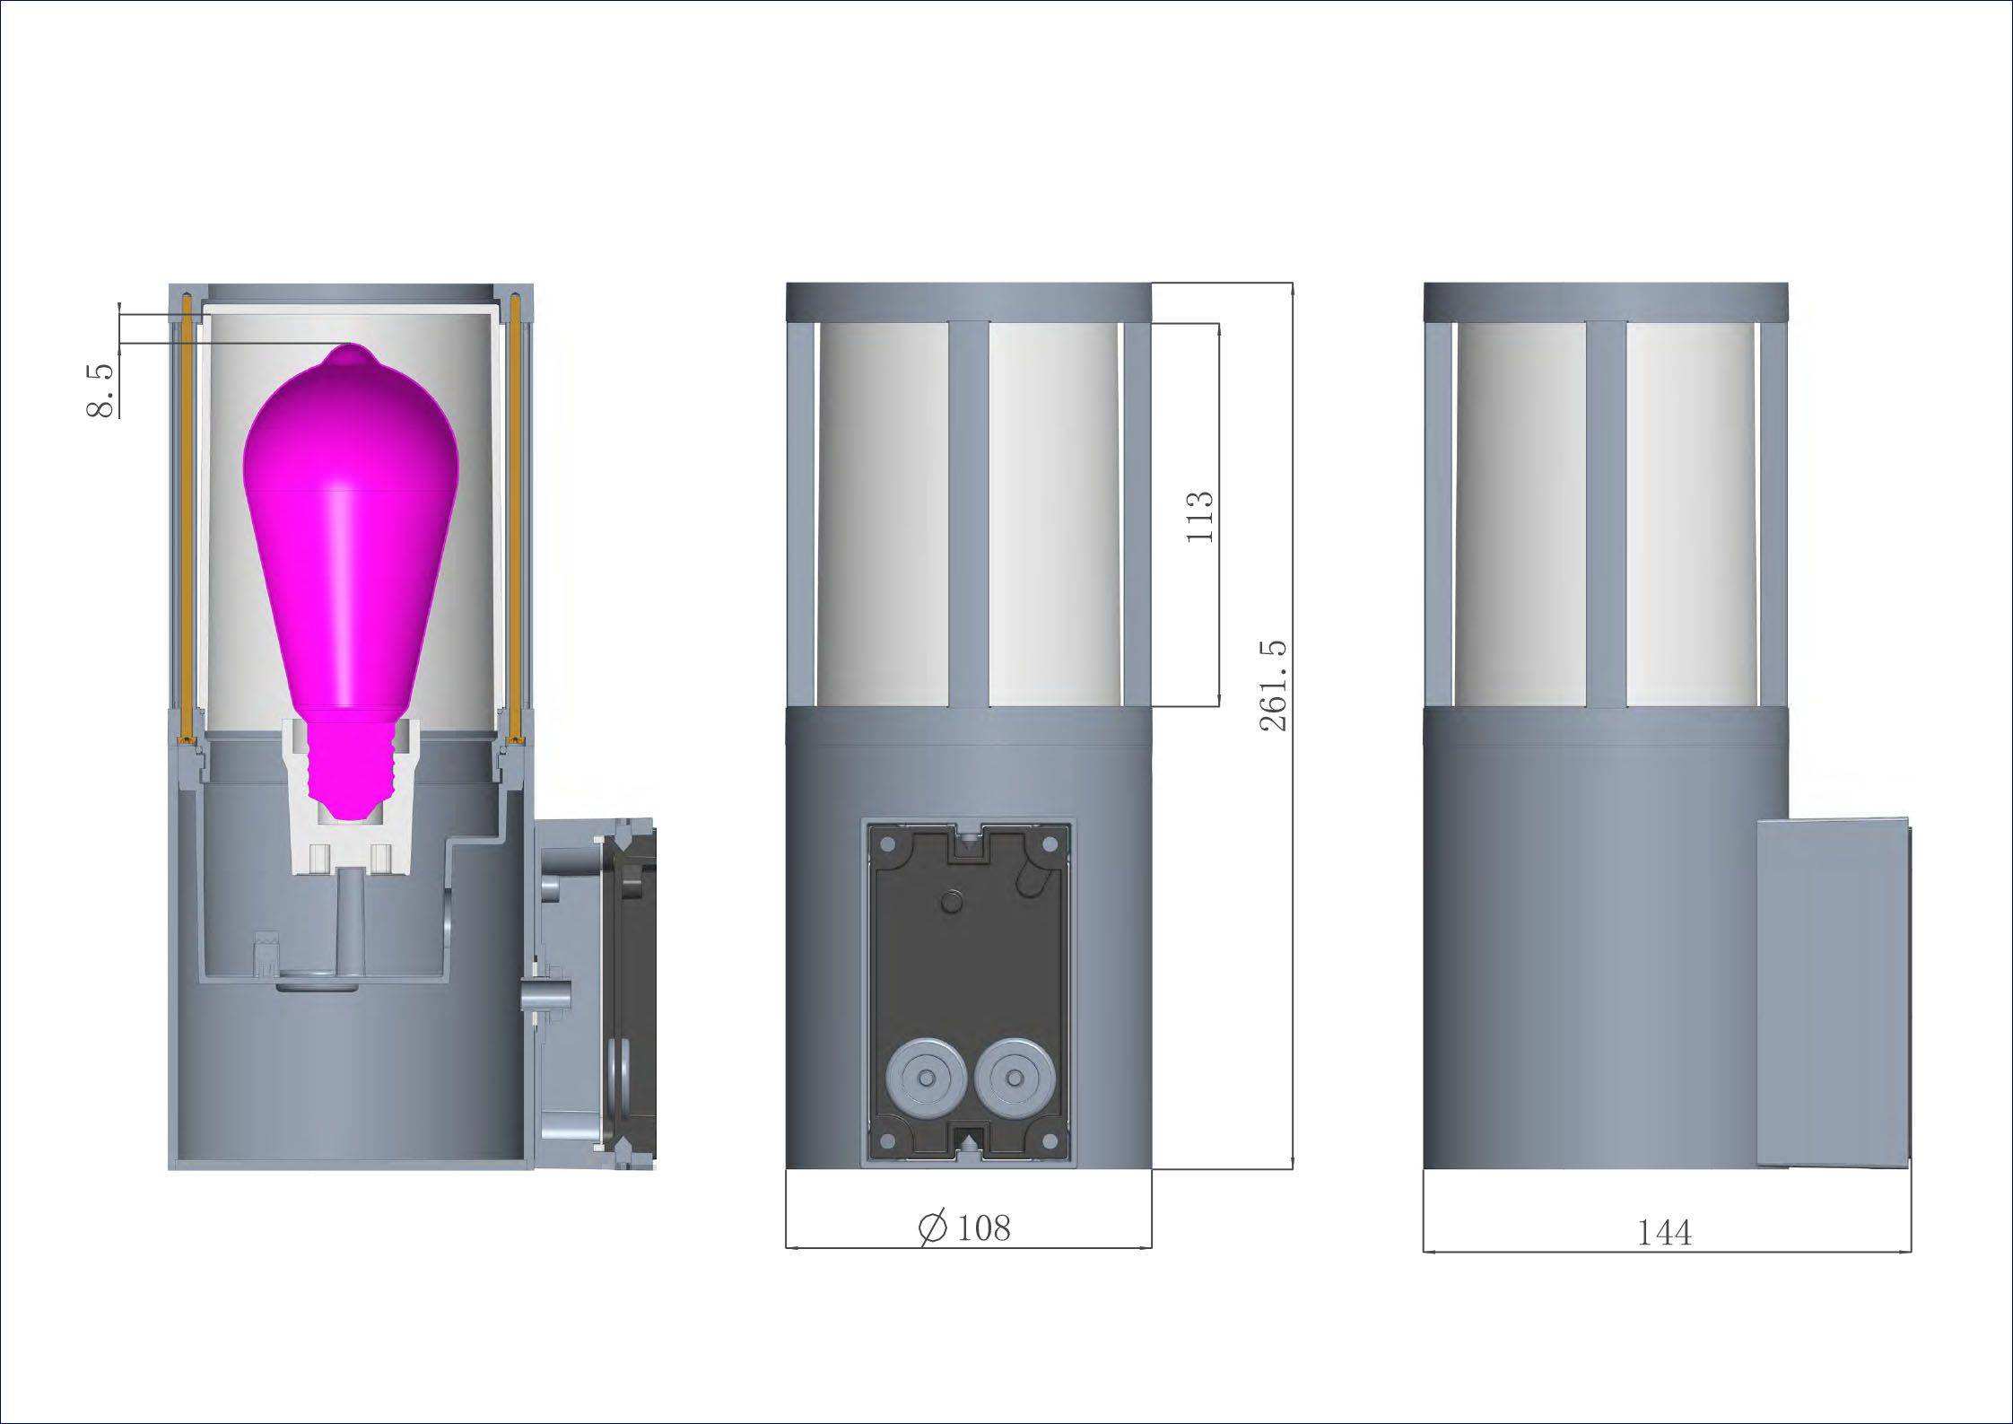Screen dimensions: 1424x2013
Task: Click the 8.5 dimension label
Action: (100, 391)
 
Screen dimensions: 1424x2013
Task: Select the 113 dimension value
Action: (1199, 516)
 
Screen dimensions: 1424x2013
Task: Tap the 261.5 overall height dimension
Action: (1274, 686)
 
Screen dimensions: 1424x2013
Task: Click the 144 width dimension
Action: (1664, 1233)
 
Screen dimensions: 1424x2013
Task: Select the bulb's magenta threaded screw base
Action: (352, 763)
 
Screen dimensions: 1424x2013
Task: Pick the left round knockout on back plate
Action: (925, 1078)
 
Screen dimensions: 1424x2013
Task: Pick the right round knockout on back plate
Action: (1014, 1078)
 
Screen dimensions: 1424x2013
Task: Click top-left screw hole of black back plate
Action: (888, 844)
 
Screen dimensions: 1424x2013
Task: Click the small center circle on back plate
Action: (951, 900)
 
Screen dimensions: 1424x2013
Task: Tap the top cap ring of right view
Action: (1605, 301)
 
